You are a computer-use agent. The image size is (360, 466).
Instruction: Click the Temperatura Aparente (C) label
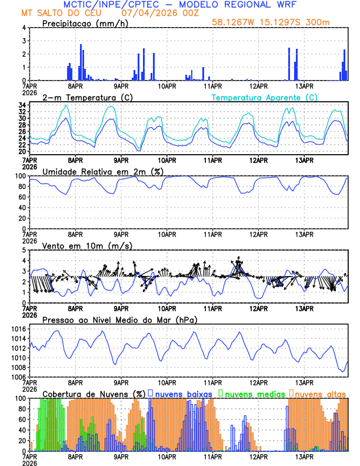pyautogui.click(x=265, y=97)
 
